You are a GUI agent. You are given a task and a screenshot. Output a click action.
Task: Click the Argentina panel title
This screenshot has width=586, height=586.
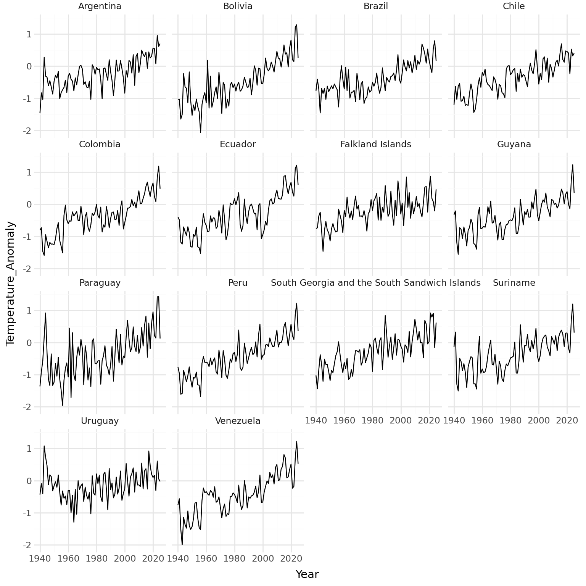pos(100,6)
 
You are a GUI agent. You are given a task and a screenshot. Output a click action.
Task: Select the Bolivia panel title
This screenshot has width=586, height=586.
pos(238,6)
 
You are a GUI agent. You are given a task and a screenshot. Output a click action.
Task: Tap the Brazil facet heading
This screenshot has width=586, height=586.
pos(376,6)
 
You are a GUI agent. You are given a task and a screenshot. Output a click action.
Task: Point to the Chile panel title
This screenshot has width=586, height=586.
pos(514,6)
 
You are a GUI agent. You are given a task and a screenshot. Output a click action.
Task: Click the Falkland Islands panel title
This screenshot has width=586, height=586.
pos(376,144)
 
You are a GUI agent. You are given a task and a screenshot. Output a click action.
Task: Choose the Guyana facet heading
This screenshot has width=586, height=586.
pos(514,144)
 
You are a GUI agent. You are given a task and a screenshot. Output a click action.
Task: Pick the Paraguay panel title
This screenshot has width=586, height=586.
pos(100,283)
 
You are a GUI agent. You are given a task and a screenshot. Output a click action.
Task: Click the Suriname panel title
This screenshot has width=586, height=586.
pos(514,283)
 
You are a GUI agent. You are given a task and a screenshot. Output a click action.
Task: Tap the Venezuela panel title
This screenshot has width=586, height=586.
pos(238,421)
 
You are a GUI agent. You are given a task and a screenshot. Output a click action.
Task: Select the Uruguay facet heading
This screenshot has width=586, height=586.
pos(100,421)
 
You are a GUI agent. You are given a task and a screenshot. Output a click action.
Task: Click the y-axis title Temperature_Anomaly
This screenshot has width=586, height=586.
pos(11,283)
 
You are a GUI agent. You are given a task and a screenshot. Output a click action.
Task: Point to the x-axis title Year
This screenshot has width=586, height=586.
pos(307,574)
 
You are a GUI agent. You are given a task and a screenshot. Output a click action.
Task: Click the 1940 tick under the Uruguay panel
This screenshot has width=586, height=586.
pos(40,559)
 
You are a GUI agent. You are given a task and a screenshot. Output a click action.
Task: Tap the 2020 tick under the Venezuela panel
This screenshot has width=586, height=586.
pos(291,559)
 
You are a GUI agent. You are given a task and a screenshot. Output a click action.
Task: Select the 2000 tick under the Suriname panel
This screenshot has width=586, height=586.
pos(539,420)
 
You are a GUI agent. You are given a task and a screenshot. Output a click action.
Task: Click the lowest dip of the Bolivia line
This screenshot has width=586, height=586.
pos(201,132)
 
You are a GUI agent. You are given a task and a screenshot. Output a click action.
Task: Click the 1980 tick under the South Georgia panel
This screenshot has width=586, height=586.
pos(372,420)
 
